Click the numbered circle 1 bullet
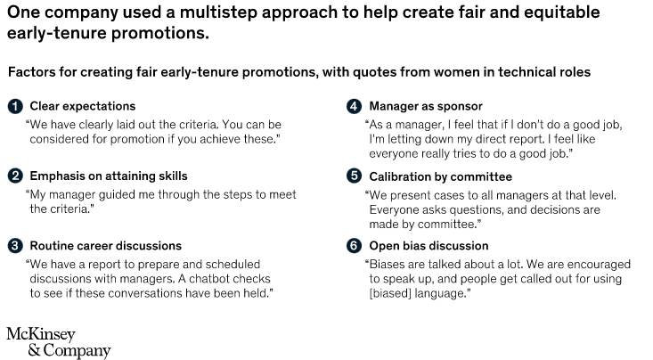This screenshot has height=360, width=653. click(x=14, y=106)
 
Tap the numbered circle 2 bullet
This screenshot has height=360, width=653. click(x=14, y=176)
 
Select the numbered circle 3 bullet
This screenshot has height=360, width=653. click(x=14, y=245)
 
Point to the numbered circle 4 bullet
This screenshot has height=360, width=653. click(x=353, y=106)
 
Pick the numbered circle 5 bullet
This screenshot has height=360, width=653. click(x=353, y=176)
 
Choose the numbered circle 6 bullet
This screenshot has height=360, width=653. click(x=353, y=245)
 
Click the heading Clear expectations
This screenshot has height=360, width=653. click(x=82, y=106)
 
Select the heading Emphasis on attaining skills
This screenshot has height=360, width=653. click(x=109, y=176)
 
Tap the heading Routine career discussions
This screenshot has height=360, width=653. click(x=105, y=245)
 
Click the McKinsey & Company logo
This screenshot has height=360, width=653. click(x=59, y=342)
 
